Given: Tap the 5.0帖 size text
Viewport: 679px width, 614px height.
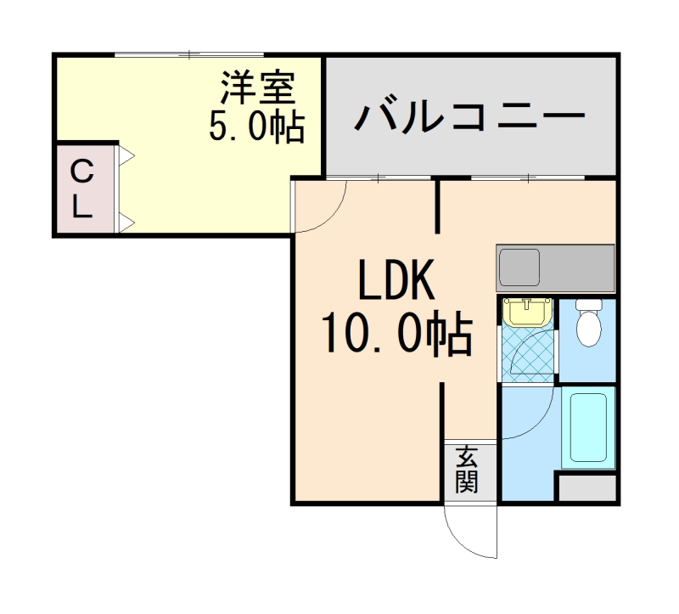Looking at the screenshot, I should point(256,127).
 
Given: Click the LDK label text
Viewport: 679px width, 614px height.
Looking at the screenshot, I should point(396,282).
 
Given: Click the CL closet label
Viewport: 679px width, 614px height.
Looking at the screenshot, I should point(81,189).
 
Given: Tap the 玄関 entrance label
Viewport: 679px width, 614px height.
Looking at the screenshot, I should point(466,470).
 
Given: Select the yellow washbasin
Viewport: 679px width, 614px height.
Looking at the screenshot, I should point(527,312).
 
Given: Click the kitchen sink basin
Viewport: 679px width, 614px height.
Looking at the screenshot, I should point(519,268).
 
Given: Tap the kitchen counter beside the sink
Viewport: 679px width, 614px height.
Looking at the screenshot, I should point(577,268).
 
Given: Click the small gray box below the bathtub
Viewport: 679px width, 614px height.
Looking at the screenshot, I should point(586,488).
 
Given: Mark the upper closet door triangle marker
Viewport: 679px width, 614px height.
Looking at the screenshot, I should point(125,155).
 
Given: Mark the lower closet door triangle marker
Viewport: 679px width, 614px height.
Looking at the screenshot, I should point(125,223).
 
